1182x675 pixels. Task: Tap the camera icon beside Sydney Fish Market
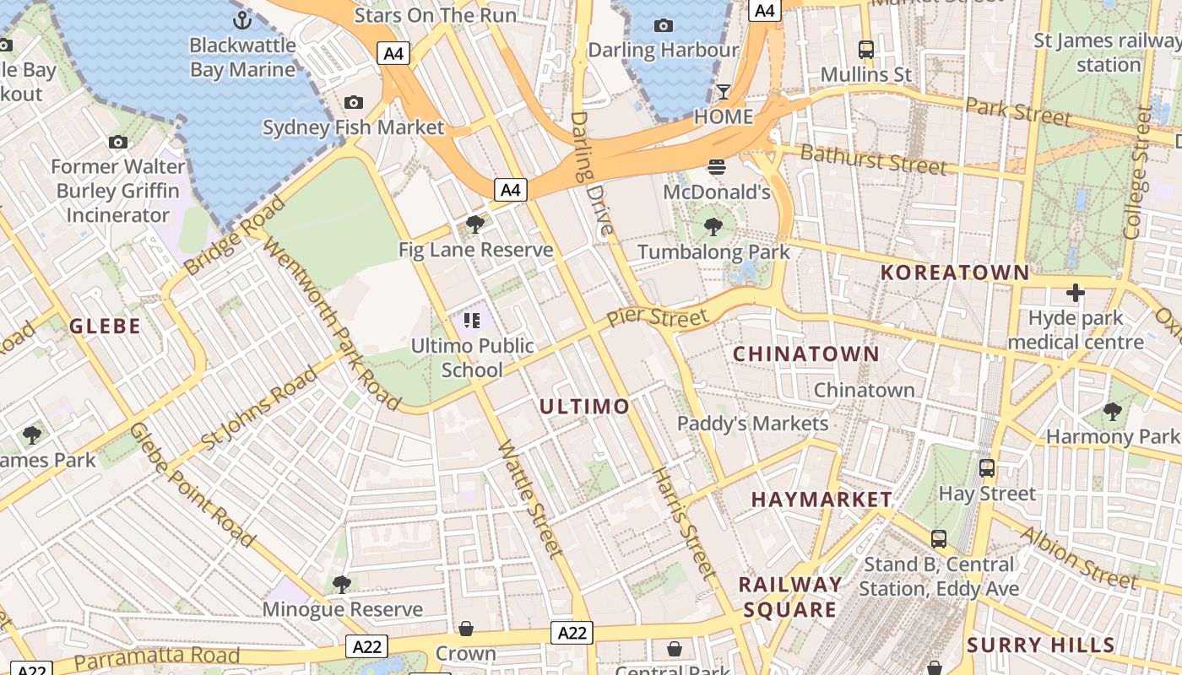click(354, 103)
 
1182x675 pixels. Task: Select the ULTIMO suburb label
click(584, 407)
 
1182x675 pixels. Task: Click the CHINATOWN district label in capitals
click(805, 354)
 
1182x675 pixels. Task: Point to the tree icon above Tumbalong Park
click(713, 226)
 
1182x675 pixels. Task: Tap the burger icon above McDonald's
click(717, 166)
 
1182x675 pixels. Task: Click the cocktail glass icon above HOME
click(724, 91)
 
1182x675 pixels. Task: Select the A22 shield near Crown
click(572, 633)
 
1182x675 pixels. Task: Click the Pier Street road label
click(658, 318)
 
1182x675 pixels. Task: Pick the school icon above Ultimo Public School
click(472, 320)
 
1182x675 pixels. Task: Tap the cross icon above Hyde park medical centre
click(1075, 293)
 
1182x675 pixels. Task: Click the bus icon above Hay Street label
click(987, 467)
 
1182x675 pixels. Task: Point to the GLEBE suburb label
click(105, 327)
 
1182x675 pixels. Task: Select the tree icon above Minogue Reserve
click(342, 584)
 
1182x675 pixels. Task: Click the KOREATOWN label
click(954, 273)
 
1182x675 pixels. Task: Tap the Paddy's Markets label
click(753, 423)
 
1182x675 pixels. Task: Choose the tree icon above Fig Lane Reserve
click(475, 224)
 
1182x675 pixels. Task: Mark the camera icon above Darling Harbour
click(664, 25)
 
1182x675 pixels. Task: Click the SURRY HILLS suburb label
click(1040, 645)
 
